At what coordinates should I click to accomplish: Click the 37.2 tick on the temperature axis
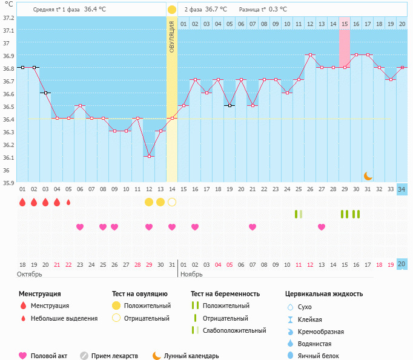point(8,17)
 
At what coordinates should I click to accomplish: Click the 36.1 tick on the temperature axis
point(8,157)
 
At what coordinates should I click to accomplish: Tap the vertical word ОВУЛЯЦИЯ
point(172,37)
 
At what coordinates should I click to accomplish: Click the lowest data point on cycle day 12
point(149,156)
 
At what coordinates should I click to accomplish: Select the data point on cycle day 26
point(310,54)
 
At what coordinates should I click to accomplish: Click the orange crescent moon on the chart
point(368,175)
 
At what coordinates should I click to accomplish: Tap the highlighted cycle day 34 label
point(401,189)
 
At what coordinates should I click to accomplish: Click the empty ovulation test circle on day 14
point(172,201)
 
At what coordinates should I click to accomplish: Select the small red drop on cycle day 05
point(68,202)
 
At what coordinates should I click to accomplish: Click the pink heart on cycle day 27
point(322,227)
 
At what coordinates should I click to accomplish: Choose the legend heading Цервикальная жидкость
point(324,293)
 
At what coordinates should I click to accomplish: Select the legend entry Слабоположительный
point(234,330)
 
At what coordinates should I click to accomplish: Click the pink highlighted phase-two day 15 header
point(344,24)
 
